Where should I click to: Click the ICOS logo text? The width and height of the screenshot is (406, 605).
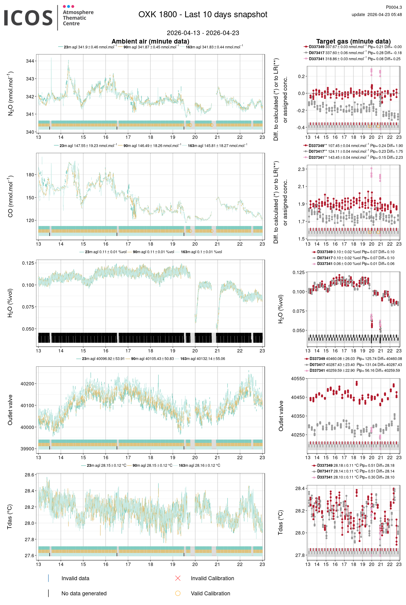[x=28, y=18]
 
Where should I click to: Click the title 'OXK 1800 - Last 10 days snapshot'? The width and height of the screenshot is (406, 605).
[x=203, y=15]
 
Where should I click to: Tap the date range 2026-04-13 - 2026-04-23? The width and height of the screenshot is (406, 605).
[x=203, y=33]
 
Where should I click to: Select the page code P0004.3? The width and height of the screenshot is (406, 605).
[x=394, y=7]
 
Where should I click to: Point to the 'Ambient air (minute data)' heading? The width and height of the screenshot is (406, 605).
[x=150, y=41]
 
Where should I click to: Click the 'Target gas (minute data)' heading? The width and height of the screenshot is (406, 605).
[x=353, y=41]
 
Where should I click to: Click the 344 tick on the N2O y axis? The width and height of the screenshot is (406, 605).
[x=30, y=61]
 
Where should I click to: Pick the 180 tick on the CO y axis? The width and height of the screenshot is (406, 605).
[x=30, y=175]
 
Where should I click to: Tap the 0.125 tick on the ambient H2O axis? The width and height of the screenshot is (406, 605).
[x=28, y=263]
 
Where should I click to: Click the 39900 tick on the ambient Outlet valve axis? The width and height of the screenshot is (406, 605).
[x=28, y=449]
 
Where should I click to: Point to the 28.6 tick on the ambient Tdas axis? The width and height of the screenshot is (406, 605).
[x=29, y=475]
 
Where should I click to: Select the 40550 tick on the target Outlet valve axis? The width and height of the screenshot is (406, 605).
[x=298, y=379]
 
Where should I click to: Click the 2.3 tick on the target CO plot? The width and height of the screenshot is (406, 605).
[x=301, y=169]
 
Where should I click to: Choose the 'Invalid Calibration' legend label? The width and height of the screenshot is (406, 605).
[x=212, y=578]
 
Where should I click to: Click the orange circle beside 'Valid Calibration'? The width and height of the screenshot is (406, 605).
[x=178, y=593]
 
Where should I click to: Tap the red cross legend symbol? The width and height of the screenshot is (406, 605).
[x=178, y=578]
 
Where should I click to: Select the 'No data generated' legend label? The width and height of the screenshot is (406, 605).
[x=84, y=594]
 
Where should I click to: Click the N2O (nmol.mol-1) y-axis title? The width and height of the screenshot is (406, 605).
[x=11, y=93]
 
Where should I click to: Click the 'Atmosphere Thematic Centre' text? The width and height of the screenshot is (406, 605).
[x=78, y=18]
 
